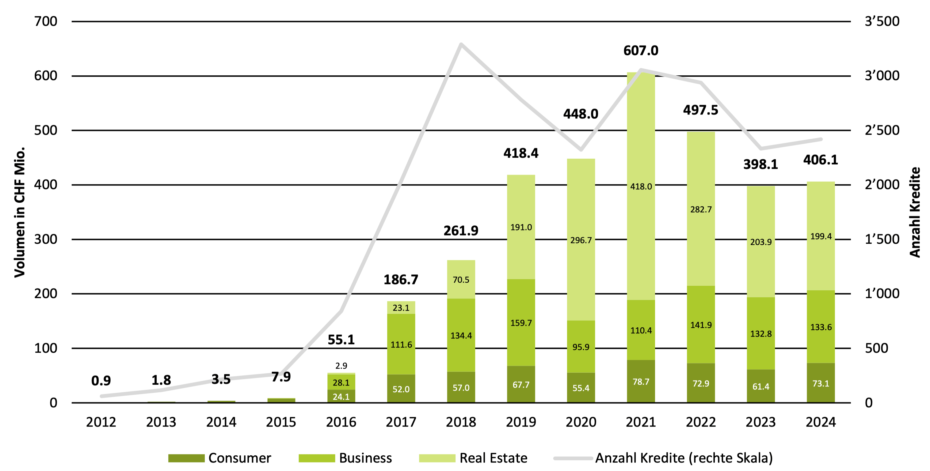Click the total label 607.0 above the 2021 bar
(641, 51)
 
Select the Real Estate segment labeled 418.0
(641, 187)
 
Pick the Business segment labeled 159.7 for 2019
(521, 323)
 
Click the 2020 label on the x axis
(581, 422)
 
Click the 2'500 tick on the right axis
(882, 130)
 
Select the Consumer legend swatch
(186, 458)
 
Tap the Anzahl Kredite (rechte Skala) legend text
(684, 458)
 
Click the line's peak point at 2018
(461, 44)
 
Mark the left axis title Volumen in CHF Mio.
(20, 212)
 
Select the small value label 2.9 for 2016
(341, 366)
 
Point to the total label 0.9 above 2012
(101, 380)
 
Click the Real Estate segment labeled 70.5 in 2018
(461, 280)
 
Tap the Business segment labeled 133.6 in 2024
(821, 327)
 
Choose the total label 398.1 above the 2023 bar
(761, 164)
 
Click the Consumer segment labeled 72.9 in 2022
(701, 383)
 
